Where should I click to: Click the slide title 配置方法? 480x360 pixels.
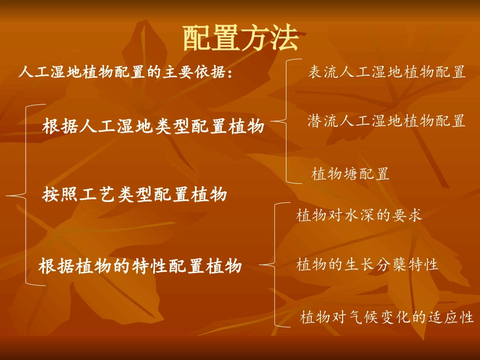tap(240, 39)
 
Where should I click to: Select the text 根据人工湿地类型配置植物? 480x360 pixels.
tap(153, 126)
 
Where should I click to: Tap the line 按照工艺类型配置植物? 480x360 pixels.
tap(134, 194)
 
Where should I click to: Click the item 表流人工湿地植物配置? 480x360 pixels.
tap(387, 73)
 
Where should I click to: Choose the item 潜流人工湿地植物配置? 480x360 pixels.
tap(387, 121)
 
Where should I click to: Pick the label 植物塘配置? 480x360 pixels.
tap(350, 175)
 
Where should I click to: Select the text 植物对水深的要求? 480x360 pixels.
tap(359, 216)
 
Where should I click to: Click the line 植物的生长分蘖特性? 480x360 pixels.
tap(367, 265)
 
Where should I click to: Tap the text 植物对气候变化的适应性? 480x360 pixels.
tap(387, 318)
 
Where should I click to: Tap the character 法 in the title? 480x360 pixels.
tap(284, 39)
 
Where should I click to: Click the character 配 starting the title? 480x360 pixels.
tap(196, 39)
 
